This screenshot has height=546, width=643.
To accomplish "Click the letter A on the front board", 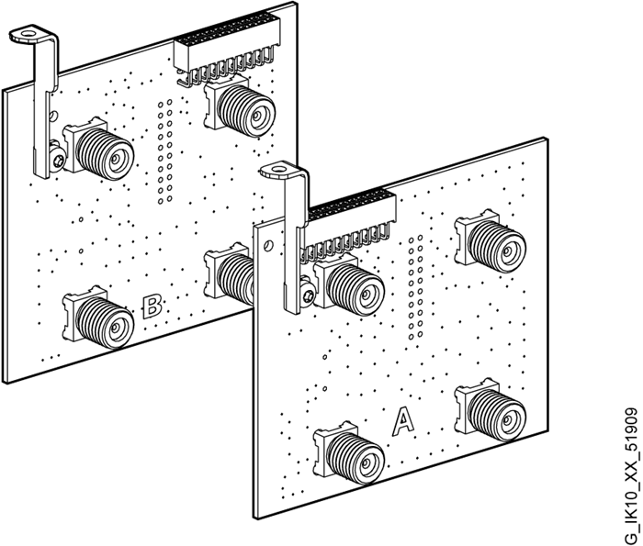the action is click(403, 420).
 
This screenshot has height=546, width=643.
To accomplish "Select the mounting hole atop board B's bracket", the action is click(28, 31).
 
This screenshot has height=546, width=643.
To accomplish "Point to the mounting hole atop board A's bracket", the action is click(279, 168).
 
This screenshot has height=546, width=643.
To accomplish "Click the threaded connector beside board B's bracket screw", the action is click(99, 149).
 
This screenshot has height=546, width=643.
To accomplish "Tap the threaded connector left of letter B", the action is click(99, 318).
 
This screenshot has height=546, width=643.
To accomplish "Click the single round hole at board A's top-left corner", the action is click(267, 246).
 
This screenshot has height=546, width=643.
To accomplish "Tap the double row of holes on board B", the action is click(164, 150).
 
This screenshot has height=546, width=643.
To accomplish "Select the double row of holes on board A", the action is click(415, 287).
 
